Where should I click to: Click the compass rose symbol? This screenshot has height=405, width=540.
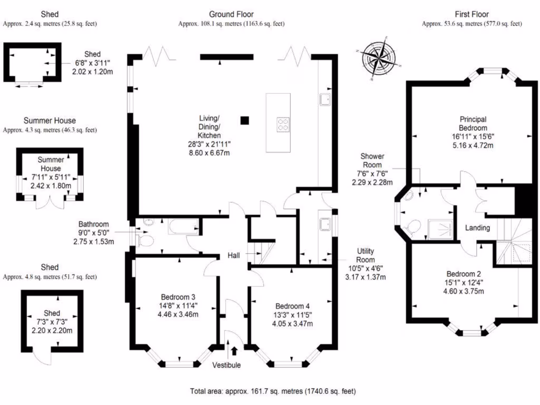click(x=379, y=58)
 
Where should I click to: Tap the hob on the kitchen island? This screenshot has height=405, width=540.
click(x=283, y=124)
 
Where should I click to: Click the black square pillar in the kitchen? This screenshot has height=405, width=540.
click(x=245, y=120)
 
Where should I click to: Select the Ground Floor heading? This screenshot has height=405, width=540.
click(x=232, y=14)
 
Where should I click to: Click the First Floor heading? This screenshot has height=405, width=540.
click(x=472, y=14)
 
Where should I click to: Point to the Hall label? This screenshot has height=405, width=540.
click(x=234, y=256)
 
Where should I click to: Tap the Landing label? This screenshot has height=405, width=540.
click(x=477, y=228)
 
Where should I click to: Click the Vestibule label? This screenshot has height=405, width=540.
click(x=226, y=365)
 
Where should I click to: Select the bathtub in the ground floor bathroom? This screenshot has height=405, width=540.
click(x=183, y=227)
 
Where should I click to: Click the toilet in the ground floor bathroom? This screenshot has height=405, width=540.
click(x=146, y=240)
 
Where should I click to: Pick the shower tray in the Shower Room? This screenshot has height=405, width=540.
click(x=441, y=229)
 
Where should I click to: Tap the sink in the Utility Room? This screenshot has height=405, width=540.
click(x=325, y=224)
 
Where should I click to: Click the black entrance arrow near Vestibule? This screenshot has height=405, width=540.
click(x=235, y=351)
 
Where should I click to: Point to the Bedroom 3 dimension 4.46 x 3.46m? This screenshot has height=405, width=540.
click(x=178, y=314)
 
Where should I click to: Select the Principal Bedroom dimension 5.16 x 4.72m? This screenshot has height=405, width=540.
click(x=473, y=146)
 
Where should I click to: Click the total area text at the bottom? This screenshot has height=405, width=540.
click(x=273, y=391)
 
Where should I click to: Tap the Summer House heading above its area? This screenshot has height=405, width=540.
click(x=50, y=121)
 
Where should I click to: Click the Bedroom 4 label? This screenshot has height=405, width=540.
click(x=292, y=306)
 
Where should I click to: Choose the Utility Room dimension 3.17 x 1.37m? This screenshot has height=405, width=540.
click(x=365, y=277)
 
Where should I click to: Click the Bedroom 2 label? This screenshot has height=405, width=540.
click(x=464, y=274)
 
